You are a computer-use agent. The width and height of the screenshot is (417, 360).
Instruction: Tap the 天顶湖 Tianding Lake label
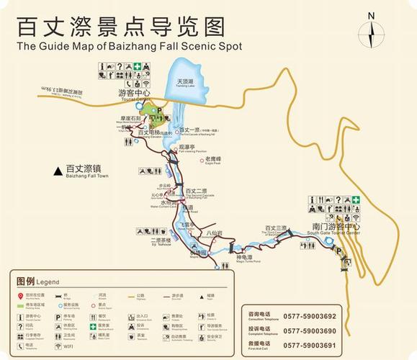tap(185, 82)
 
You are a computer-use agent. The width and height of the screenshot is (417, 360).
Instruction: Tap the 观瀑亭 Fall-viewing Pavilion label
tap(197, 147)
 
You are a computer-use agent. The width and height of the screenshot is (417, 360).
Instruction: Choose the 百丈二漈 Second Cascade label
tap(196, 192)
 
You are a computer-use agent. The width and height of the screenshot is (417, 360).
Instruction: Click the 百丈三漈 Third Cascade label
tap(275, 228)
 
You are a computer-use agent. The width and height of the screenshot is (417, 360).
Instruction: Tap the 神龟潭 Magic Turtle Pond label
tap(244, 257)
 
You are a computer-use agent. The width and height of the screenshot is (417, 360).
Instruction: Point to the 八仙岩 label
tap(214, 233)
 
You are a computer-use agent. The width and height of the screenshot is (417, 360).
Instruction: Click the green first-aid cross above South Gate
tap(355, 199)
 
